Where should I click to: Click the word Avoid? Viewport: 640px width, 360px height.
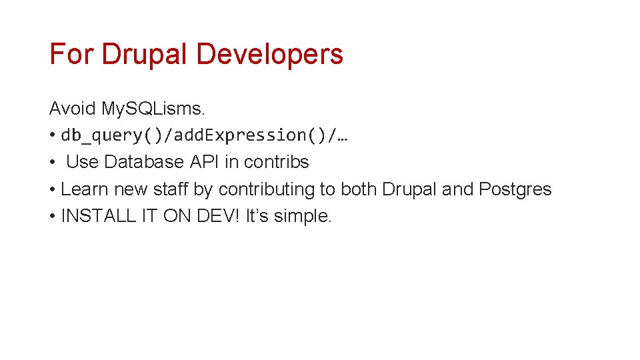pyautogui.click(x=73, y=108)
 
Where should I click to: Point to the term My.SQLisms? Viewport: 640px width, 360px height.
pyautogui.click(x=153, y=108)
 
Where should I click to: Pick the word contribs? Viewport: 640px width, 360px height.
pyautogui.click(x=277, y=162)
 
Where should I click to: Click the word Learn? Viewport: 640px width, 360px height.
pyautogui.click(x=85, y=189)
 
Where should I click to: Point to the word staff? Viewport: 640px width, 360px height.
pyautogui.click(x=171, y=189)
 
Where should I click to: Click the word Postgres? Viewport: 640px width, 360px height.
pyautogui.click(x=515, y=189)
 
